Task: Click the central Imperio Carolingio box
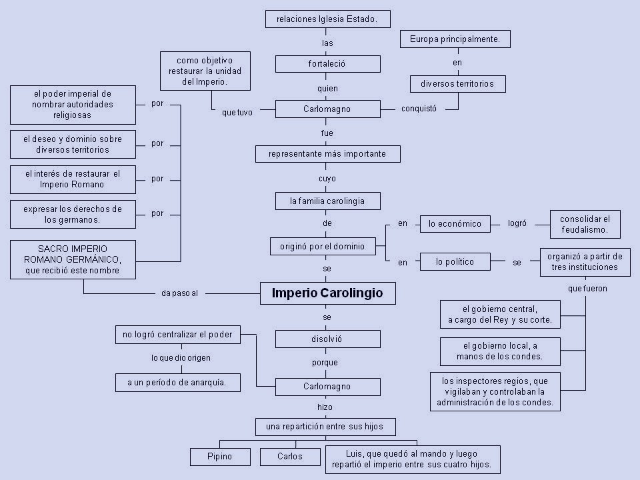click(x=327, y=293)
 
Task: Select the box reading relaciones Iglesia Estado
click(x=327, y=19)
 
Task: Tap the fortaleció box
click(x=327, y=64)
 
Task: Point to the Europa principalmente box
click(x=455, y=39)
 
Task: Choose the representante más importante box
click(x=327, y=154)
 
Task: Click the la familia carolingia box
click(x=327, y=200)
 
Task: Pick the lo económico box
click(x=455, y=224)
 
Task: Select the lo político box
click(x=455, y=262)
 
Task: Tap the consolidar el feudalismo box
click(x=585, y=224)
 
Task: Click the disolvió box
click(x=327, y=339)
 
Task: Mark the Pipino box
click(x=220, y=457)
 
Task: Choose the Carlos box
click(x=290, y=457)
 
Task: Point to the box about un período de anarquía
click(x=177, y=383)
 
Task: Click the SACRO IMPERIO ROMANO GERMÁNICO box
click(x=73, y=259)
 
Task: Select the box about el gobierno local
click(x=499, y=351)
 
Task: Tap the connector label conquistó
click(x=419, y=109)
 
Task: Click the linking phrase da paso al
click(x=179, y=293)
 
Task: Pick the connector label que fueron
click(x=587, y=289)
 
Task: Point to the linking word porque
click(x=325, y=363)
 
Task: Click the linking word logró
click(x=517, y=224)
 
